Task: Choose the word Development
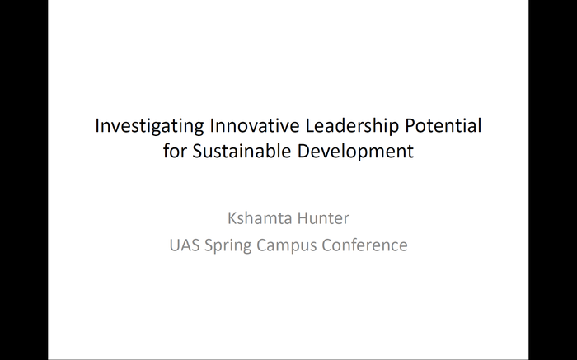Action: coord(358,152)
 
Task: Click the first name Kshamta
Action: coord(258,219)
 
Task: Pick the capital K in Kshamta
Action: coord(232,219)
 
